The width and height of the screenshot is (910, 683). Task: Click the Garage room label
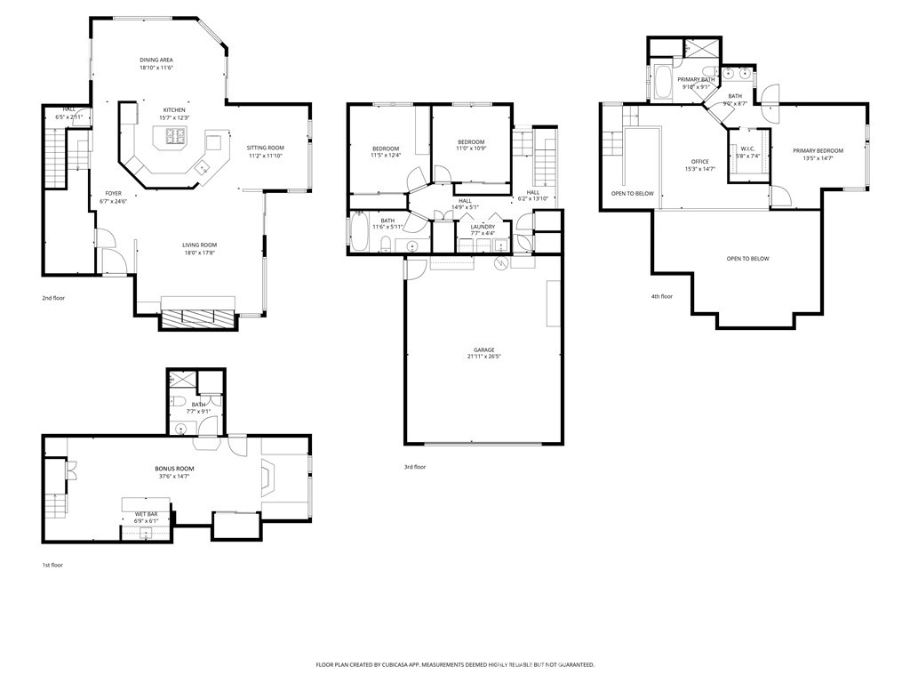coord(483,350)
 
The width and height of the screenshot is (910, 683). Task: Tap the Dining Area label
coord(156,60)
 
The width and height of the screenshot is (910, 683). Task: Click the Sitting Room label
coord(265,148)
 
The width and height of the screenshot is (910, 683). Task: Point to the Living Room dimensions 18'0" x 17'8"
coord(200,253)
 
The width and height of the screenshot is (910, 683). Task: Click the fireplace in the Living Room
coord(197,318)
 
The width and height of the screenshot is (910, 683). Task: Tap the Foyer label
coord(114,193)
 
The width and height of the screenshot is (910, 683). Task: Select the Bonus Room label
coord(174,468)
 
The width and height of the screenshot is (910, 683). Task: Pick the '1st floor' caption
coord(52,565)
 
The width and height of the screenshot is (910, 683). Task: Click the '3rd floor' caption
coord(415,467)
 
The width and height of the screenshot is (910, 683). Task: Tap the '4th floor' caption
coord(661,296)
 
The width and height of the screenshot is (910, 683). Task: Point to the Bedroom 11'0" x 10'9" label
coord(471,142)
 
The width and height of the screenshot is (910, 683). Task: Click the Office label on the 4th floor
coord(700,161)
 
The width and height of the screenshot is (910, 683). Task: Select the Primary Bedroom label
coord(818,150)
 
